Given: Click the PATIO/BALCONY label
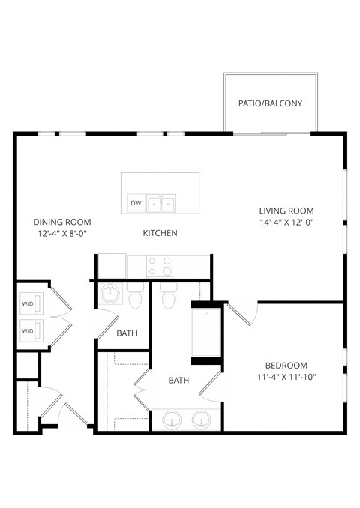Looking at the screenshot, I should (270, 103).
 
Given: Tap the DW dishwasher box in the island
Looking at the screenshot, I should (136, 203).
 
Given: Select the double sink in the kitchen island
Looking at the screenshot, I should (161, 203).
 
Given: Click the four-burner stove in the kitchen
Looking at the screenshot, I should (160, 267).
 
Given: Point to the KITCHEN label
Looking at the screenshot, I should (160, 233).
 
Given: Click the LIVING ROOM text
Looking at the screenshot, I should (286, 211).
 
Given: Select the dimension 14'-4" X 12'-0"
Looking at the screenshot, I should (286, 223).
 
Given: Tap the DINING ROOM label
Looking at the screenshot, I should (62, 222).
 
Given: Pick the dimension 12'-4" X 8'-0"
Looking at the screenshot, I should (62, 234).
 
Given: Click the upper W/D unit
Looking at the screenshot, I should (28, 303).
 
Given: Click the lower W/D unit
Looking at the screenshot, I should (28, 330).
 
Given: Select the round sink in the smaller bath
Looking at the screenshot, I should (110, 294).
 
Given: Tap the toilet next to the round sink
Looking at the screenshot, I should (136, 298).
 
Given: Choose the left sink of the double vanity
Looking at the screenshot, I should (173, 419).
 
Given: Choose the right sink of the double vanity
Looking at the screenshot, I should (201, 419).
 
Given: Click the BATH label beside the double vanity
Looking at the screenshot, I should (178, 381).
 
